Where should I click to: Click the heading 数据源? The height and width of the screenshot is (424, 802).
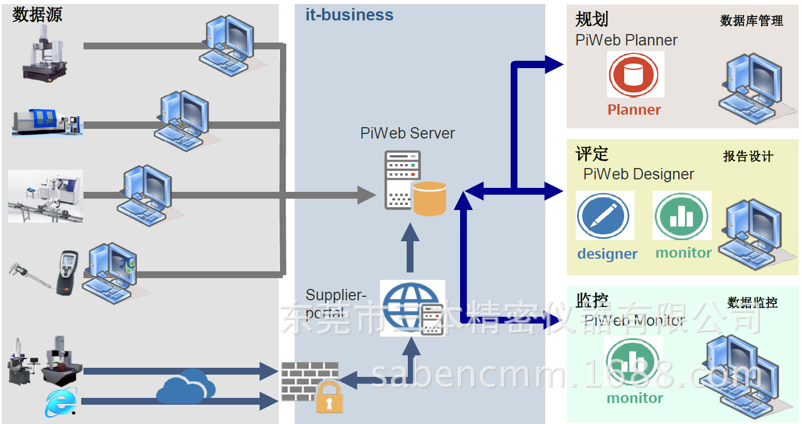click(37, 15)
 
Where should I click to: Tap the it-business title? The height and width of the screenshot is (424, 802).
click(349, 15)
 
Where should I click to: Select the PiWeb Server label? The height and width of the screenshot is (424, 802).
click(407, 133)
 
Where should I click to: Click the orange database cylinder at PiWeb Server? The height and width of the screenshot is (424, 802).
click(429, 199)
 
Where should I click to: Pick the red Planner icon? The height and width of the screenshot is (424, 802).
click(633, 75)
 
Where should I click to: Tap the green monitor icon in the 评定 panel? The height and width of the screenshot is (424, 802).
click(681, 216)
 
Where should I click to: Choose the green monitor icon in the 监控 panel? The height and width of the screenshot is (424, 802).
click(632, 362)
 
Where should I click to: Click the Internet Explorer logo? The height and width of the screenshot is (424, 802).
click(61, 402)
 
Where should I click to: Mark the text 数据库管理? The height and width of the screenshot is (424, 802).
click(751, 21)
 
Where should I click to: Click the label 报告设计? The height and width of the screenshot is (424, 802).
click(748, 157)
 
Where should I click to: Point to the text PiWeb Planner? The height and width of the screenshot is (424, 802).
click(626, 40)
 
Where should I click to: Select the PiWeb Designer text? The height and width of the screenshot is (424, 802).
click(638, 174)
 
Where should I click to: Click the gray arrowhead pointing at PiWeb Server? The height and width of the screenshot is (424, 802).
click(366, 195)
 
